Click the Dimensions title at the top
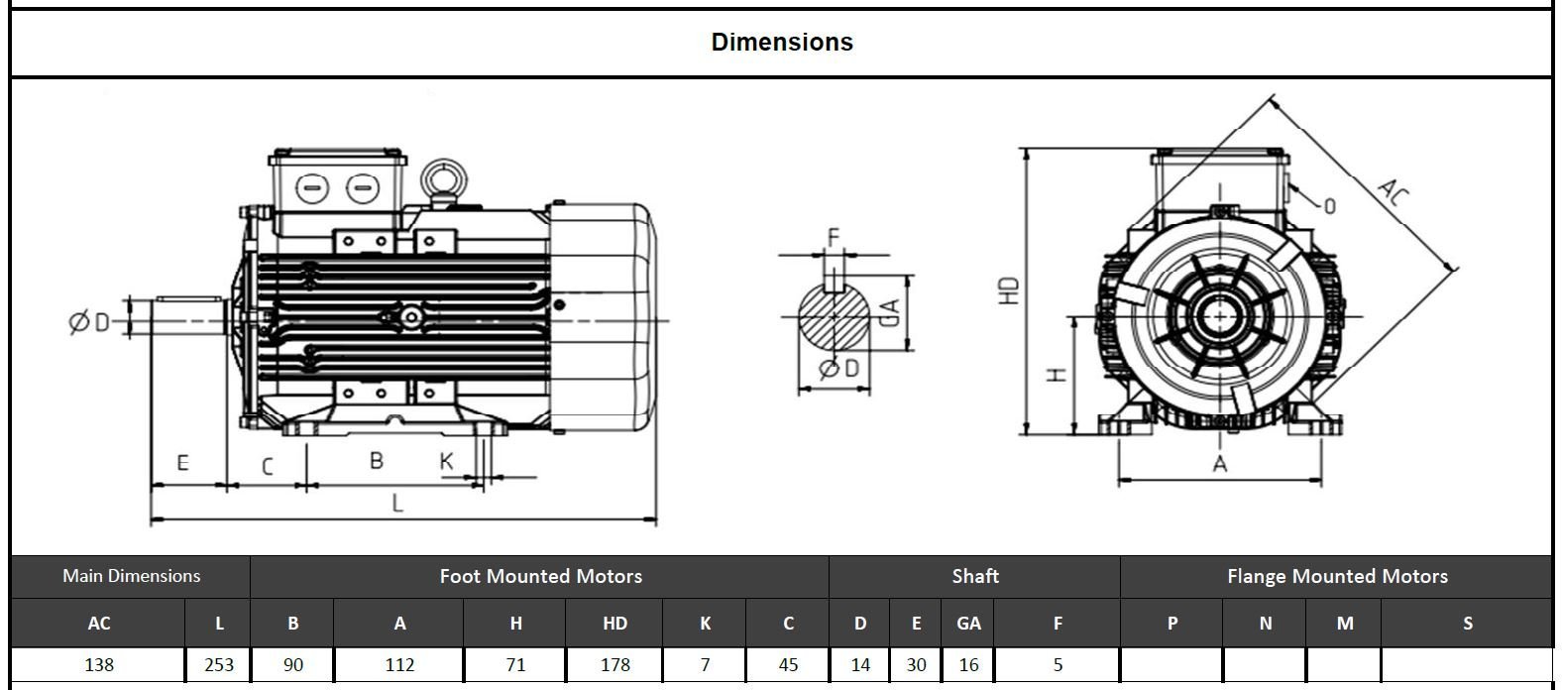point(781,43)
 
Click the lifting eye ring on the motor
point(443,179)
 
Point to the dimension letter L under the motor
point(398,504)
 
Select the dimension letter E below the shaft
point(182,463)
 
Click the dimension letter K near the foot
point(446,462)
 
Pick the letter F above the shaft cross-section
point(834,236)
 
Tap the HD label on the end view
point(1009,290)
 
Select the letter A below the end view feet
point(1220,464)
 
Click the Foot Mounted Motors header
point(540,576)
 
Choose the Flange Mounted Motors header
point(1336,576)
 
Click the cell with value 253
point(219,665)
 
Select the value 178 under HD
point(614,665)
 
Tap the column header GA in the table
point(968,624)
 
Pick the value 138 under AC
point(99,665)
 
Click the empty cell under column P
point(1171,665)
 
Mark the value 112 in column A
point(399,665)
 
